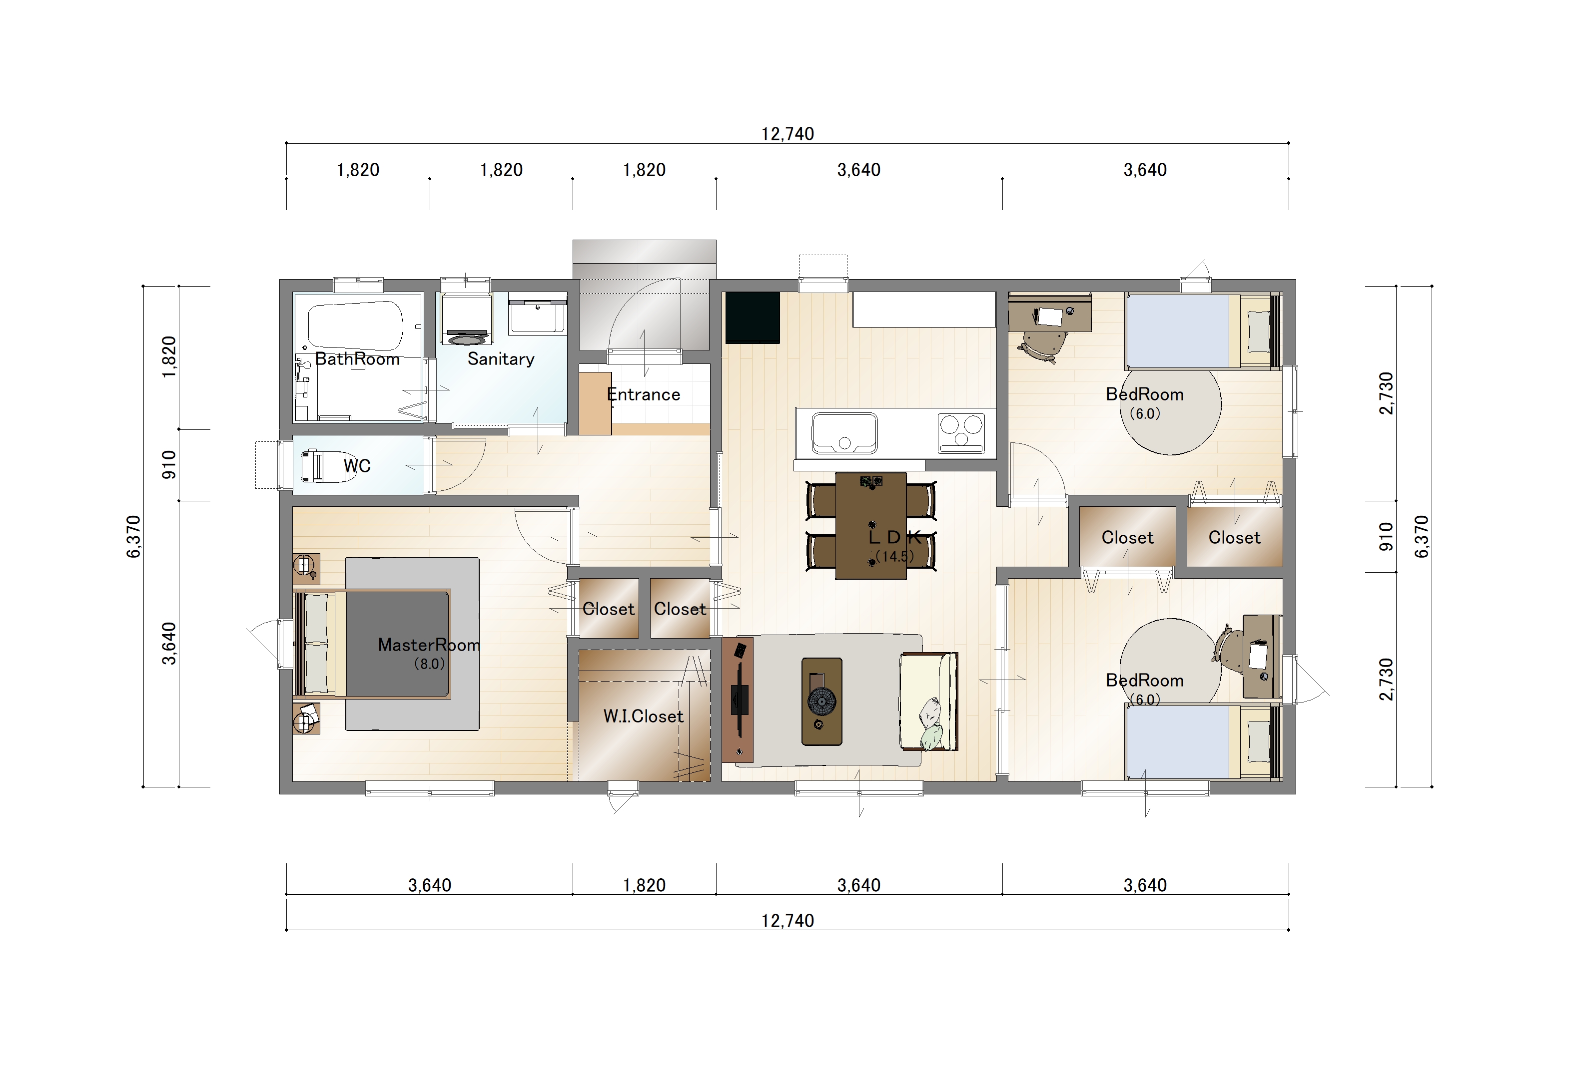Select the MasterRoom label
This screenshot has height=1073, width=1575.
coord(429,645)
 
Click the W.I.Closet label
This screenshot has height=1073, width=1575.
coord(643,716)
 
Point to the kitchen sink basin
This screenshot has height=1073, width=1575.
coord(844,433)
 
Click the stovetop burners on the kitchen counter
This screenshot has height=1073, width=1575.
coord(961,433)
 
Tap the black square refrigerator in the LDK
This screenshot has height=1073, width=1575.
coord(752,317)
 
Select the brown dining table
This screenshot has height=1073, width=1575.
coord(871,526)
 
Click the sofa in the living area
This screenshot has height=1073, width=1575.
coord(928,701)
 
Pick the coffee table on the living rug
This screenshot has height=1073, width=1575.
coord(821,701)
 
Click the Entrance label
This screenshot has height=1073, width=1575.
coord(643,394)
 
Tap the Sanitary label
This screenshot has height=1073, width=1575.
coord(501,359)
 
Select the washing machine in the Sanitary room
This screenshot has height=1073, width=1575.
coord(466,319)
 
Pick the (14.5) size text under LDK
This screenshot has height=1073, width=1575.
coord(894,557)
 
